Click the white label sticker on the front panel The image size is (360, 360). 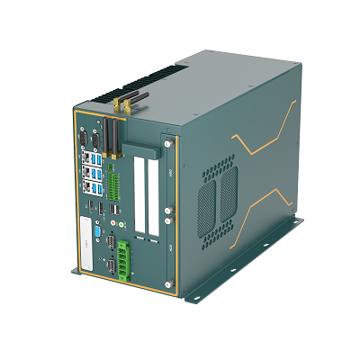pos(83,256)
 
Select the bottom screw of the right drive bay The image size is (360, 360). pos(168,284)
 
